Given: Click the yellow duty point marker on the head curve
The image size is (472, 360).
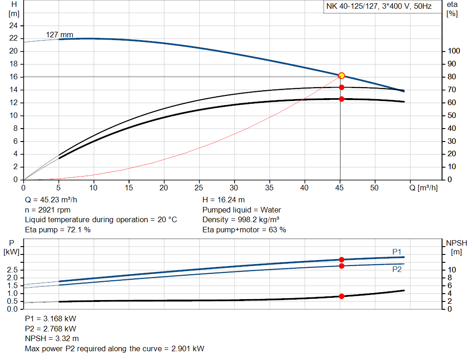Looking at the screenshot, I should coord(342,76).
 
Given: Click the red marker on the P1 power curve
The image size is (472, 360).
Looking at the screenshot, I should coord(342,260).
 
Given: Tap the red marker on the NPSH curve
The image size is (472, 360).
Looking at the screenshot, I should coord(342,296).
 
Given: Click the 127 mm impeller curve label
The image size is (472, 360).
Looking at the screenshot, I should coord(59,35).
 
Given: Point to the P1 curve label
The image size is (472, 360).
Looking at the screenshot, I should coord(396,251).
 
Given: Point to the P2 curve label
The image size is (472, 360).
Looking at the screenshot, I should coord(396,269).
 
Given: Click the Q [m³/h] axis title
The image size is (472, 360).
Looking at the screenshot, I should coord(424,188).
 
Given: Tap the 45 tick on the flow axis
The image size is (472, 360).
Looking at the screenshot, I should coord(340,188).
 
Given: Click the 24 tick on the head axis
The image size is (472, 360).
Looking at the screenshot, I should coord(13,25).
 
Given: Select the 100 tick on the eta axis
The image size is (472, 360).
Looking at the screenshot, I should coord(454,51).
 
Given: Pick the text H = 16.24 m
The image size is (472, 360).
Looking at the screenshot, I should coord(224,200).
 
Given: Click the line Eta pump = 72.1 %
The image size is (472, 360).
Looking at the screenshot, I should coord(58,230).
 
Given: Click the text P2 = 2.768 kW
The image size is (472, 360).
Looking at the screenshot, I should coord(50,329).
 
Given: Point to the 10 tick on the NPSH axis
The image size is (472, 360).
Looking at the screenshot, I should coord(452,270).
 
